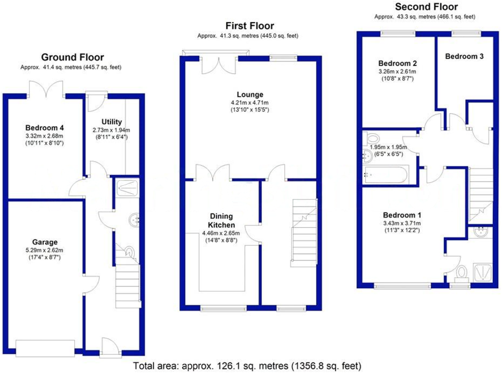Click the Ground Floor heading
[73, 57]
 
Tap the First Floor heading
[249, 25]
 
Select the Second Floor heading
[426, 7]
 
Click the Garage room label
[45, 242]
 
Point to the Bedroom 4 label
[45, 127]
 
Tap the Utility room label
[111, 122]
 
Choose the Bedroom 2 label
[398, 63]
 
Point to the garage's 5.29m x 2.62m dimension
[45, 250]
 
